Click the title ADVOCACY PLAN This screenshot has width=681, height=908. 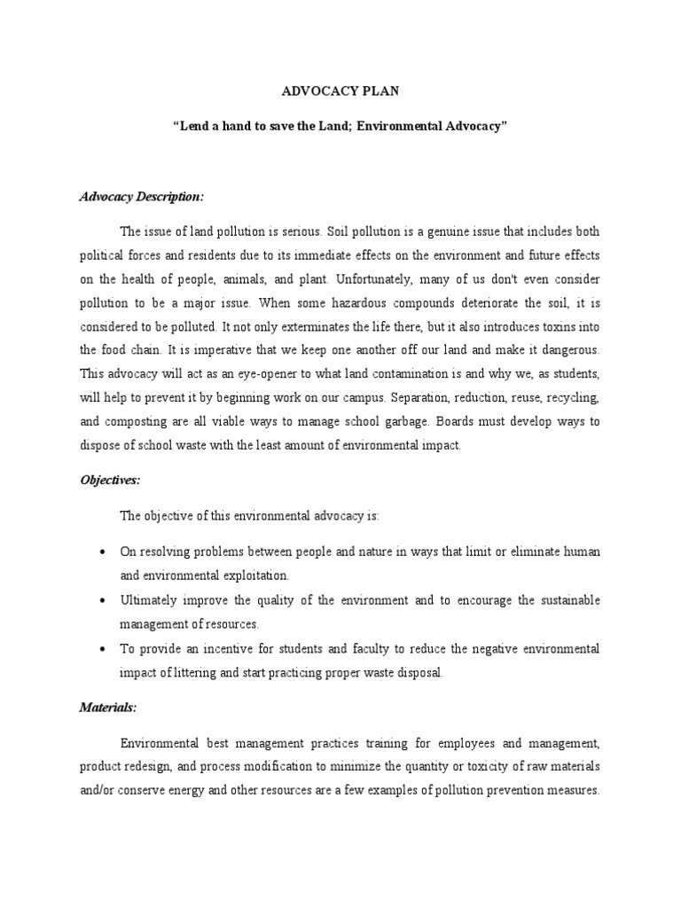coord(340,90)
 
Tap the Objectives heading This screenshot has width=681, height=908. coord(111,480)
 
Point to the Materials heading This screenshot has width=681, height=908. coord(108,708)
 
